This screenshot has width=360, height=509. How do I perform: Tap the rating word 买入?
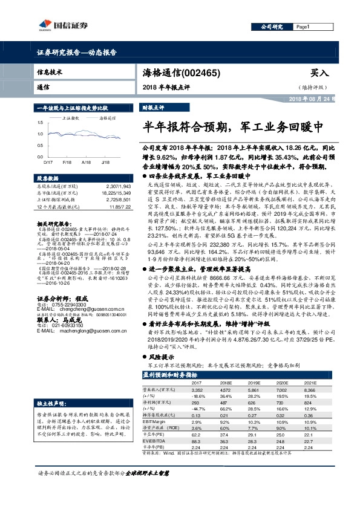tap(319, 73)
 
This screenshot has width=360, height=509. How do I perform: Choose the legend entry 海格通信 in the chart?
tap(108, 120)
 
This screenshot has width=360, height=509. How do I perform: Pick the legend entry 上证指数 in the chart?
tap(71, 120)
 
